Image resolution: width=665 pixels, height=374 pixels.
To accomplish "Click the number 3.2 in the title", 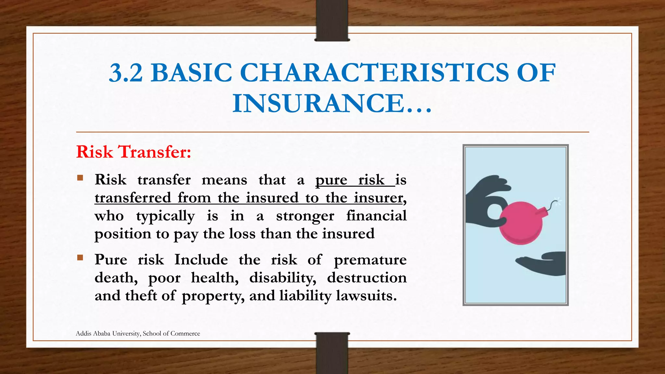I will [x=126, y=73].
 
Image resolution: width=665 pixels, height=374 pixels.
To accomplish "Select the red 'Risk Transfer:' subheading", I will [x=133, y=152].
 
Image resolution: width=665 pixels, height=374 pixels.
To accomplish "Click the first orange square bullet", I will [x=80, y=178].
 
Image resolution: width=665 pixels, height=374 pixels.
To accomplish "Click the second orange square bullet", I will [x=80, y=258].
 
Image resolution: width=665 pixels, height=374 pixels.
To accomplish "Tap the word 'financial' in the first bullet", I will [x=376, y=216].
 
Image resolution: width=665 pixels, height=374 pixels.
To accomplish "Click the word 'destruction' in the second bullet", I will [x=367, y=278].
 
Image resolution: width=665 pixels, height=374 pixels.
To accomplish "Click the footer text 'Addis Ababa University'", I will [x=108, y=333].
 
